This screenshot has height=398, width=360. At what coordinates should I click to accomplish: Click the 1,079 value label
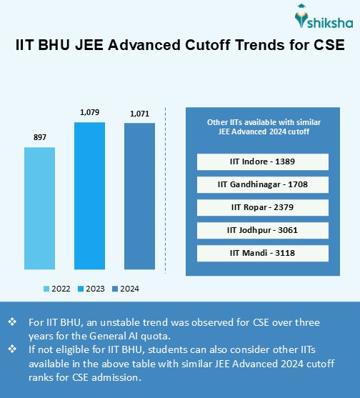[89, 112]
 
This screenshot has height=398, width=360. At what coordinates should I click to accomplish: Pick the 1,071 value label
[139, 114]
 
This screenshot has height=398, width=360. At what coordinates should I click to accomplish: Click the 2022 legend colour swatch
[46, 289]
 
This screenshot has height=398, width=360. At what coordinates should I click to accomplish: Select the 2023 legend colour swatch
[81, 289]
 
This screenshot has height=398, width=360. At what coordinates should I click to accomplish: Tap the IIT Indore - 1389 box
[262, 161]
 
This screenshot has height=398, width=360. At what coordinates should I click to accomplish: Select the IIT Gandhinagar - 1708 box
[262, 184]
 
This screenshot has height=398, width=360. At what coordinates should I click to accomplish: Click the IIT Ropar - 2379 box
[262, 207]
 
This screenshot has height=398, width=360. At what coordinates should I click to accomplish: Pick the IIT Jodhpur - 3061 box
[262, 230]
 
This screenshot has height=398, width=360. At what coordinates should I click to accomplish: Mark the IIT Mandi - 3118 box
[262, 253]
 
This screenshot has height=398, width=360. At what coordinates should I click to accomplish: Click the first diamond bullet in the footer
[12, 323]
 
